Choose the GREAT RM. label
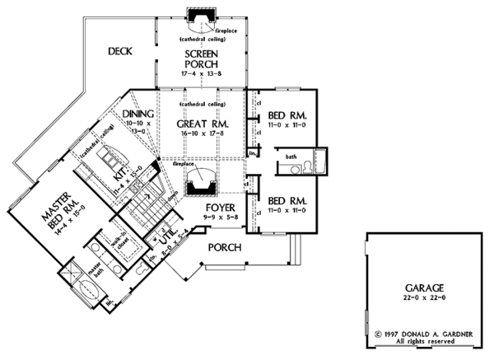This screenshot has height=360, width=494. (x=202, y=124)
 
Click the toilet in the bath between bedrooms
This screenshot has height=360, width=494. (x=308, y=167)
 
